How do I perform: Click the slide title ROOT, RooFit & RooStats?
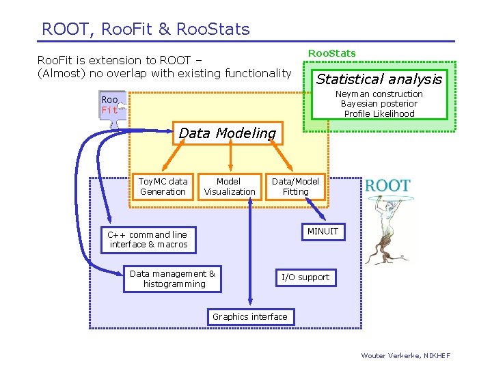click(x=146, y=29)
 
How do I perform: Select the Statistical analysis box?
click(x=379, y=79)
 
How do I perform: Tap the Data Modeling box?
click(x=227, y=133)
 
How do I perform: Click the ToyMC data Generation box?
click(x=163, y=187)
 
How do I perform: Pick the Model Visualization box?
click(x=230, y=187)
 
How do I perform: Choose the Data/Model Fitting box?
click(x=295, y=187)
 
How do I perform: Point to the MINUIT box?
click(x=323, y=232)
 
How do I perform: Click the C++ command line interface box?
click(x=148, y=239)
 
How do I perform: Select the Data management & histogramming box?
click(x=174, y=279)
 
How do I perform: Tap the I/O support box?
click(x=305, y=277)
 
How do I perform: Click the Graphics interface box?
click(x=250, y=316)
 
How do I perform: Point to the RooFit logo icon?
click(x=112, y=106)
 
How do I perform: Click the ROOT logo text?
click(x=387, y=185)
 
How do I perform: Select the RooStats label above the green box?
click(x=331, y=53)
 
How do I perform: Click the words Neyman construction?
click(x=379, y=94)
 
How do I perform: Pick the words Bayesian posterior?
click(x=379, y=104)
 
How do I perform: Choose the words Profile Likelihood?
click(x=379, y=113)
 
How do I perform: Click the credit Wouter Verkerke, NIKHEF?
click(x=406, y=355)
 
